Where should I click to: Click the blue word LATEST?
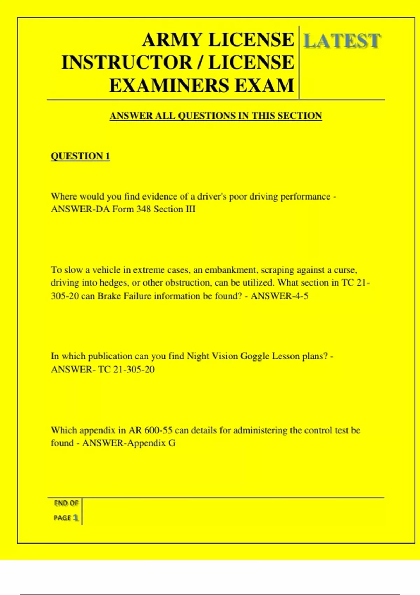click(x=342, y=41)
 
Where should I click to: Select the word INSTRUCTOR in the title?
click(x=127, y=63)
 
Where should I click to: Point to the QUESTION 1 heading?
click(x=80, y=156)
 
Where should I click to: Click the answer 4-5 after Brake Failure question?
click(x=300, y=296)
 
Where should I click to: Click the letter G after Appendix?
click(x=172, y=443)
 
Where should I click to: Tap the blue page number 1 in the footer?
click(x=76, y=518)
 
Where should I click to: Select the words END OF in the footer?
click(x=66, y=503)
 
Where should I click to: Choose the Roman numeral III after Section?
click(x=190, y=209)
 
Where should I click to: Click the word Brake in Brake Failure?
click(x=109, y=296)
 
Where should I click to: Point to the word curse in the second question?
click(x=345, y=270)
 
